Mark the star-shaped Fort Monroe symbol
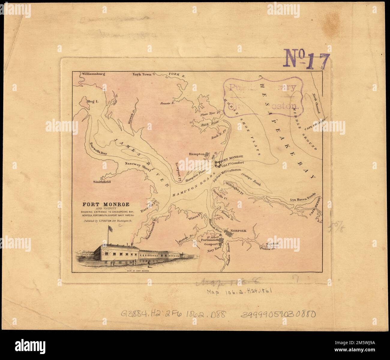[x=218, y=164]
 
